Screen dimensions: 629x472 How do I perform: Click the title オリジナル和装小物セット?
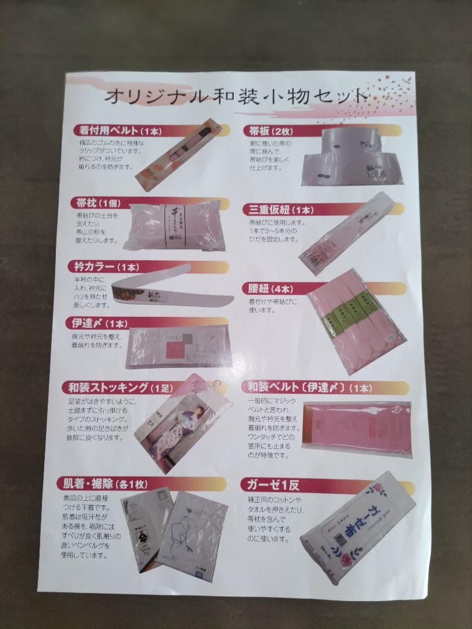(x=235, y=96)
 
